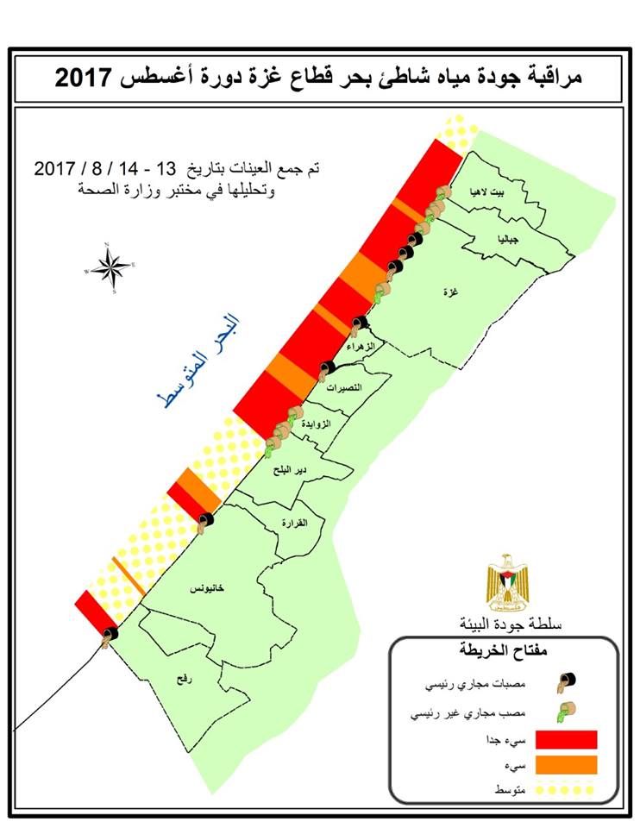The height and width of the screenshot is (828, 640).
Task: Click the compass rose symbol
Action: click(111, 268)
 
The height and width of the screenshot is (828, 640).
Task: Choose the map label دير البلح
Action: click(288, 471)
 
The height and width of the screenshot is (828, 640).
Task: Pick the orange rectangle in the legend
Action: click(566, 765)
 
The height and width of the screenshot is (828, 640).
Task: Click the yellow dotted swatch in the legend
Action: click(566, 789)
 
